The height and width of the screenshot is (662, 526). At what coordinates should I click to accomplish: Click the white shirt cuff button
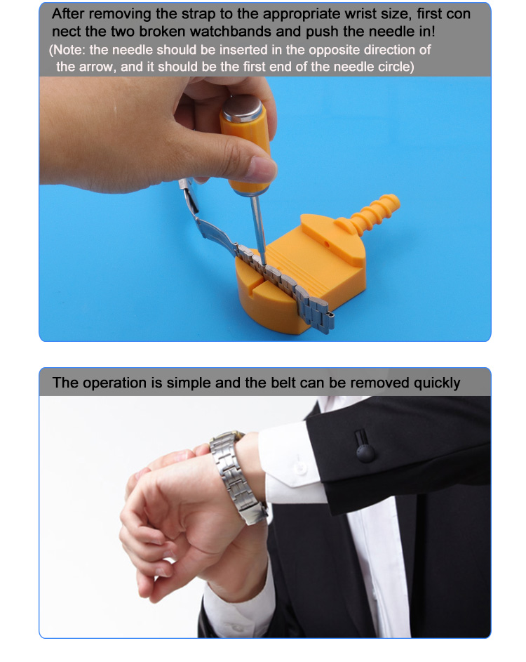click(x=299, y=468)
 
